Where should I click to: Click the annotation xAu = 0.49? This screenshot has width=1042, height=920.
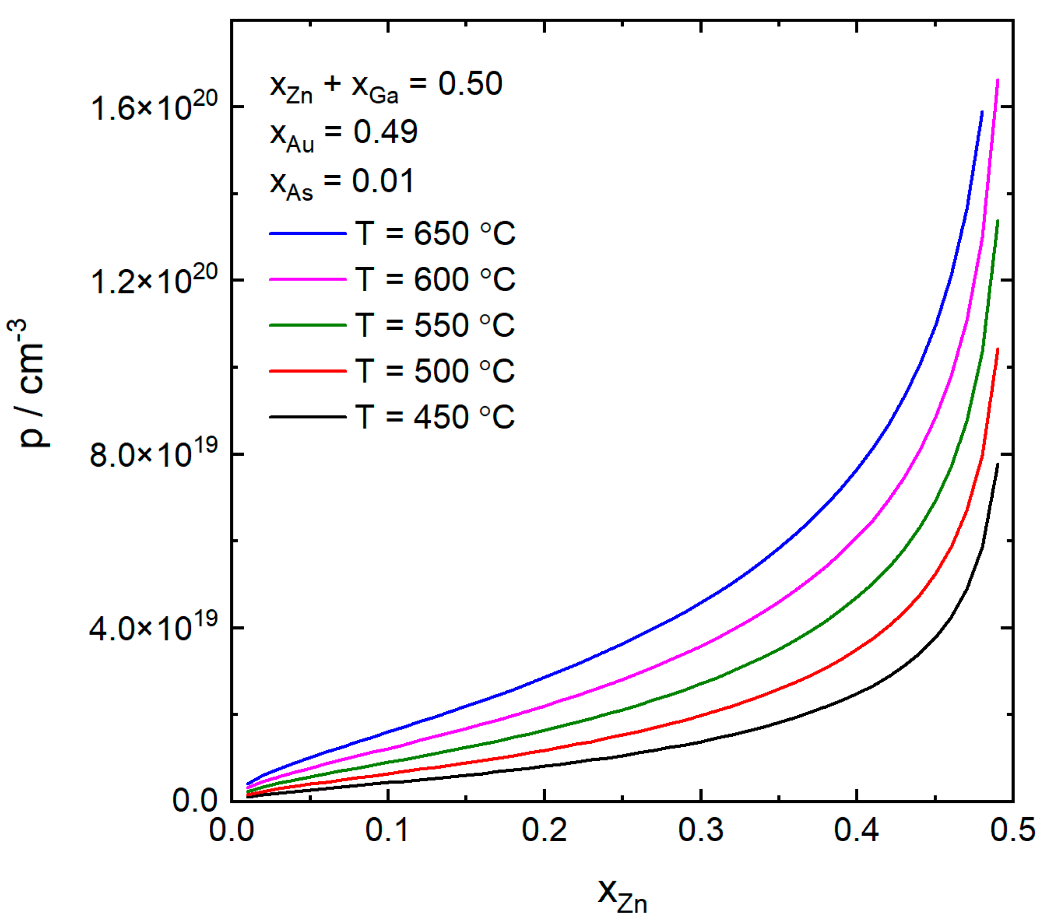(x=344, y=133)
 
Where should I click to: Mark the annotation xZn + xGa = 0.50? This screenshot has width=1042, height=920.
(x=386, y=86)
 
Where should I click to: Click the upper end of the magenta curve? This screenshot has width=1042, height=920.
(x=998, y=80)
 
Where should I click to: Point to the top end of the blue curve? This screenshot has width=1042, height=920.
(x=982, y=112)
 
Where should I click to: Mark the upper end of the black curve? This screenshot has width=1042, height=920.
(x=998, y=464)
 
